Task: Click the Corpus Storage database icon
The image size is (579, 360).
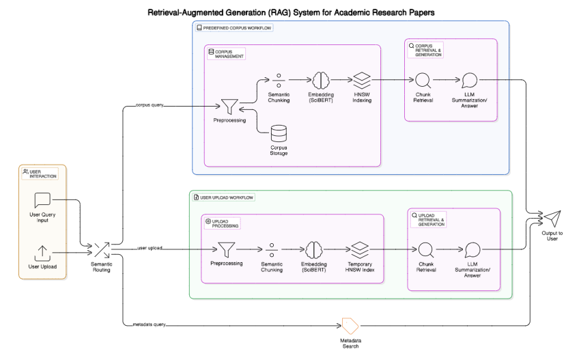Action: [x=278, y=132]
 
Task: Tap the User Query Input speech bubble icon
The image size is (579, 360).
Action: [x=42, y=200]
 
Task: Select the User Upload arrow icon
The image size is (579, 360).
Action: [x=42, y=252]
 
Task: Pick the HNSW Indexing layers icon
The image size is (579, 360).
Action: [x=361, y=79]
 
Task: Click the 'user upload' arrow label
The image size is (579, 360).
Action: [x=150, y=247]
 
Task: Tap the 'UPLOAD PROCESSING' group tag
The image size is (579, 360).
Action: [x=223, y=224]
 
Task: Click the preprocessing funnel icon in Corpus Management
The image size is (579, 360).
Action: [x=229, y=106]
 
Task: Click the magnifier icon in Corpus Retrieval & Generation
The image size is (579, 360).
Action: [x=423, y=80]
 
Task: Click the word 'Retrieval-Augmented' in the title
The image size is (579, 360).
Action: [x=186, y=12]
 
